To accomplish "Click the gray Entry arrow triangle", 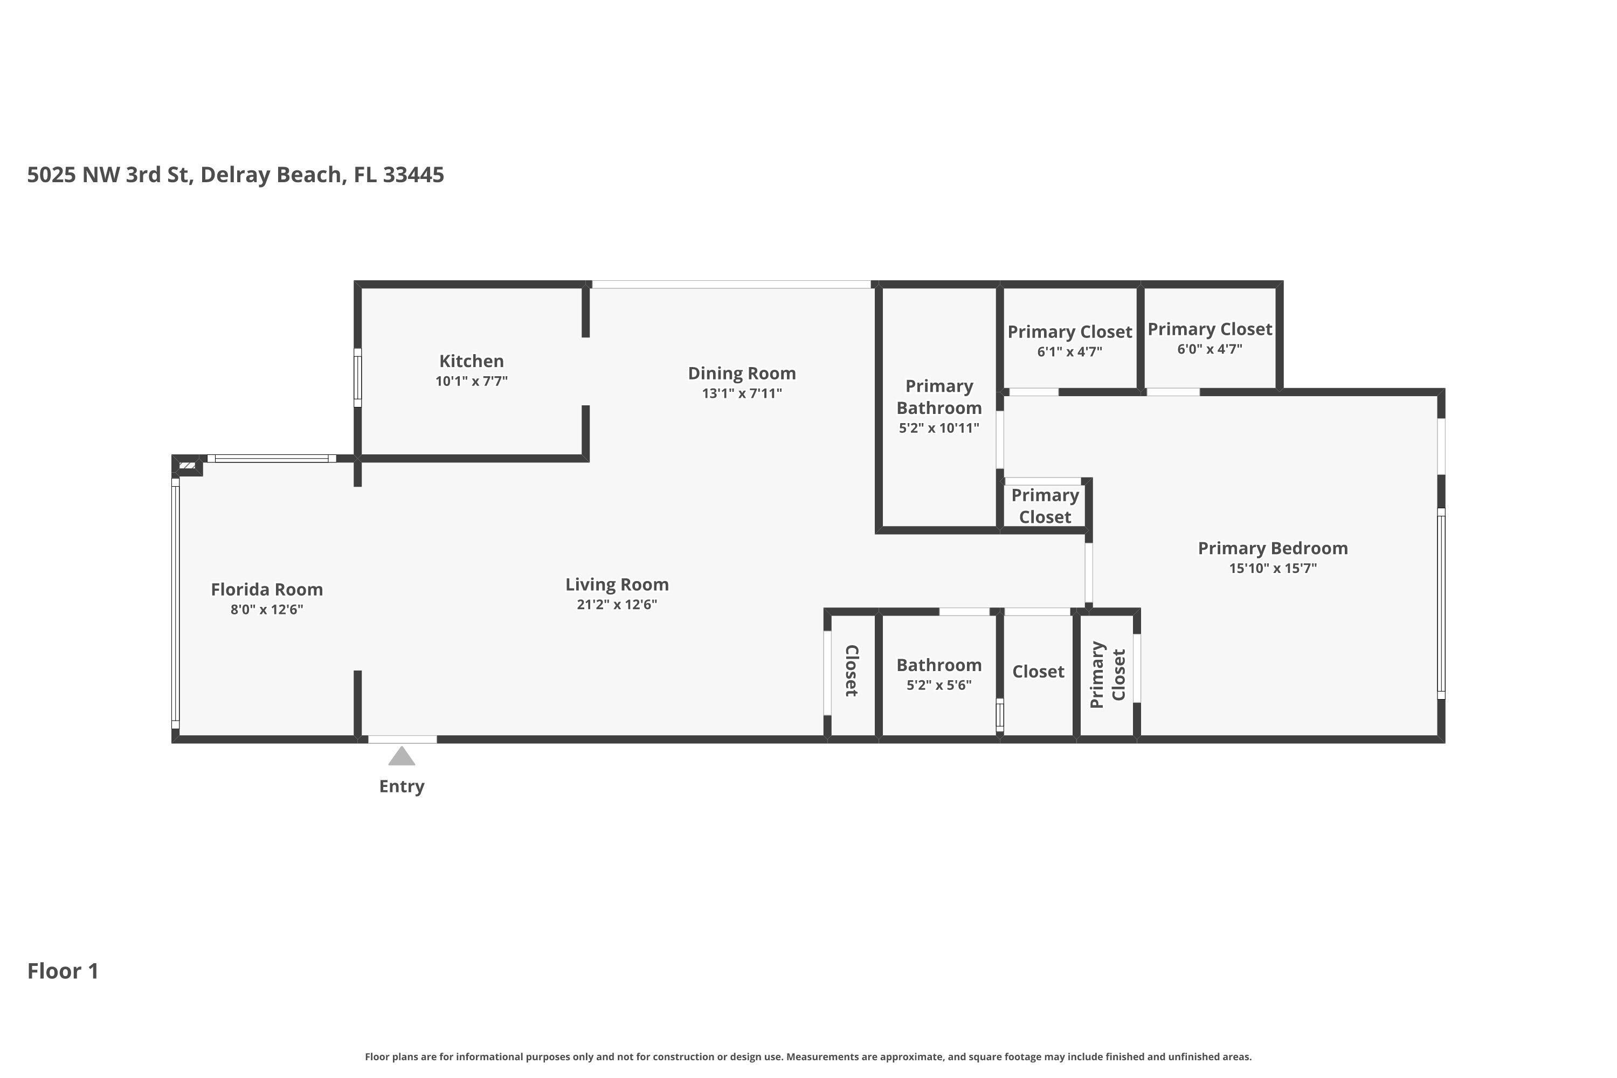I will click(402, 757).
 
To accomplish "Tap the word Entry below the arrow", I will click(402, 786).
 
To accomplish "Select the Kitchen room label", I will click(471, 361).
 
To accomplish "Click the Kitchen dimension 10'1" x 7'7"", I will click(471, 381).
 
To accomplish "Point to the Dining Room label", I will click(742, 374).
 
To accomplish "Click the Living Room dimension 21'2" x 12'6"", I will click(617, 604).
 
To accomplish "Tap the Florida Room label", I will click(267, 589).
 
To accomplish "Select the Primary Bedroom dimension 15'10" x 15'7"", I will click(1273, 568).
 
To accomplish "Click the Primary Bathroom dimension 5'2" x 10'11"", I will click(938, 427).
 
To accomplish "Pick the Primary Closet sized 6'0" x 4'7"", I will click(1210, 329).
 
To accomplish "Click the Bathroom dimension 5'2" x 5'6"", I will click(938, 685).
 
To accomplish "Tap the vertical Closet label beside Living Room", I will click(851, 671).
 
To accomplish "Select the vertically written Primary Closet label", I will click(1107, 674).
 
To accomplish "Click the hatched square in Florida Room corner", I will click(187, 466).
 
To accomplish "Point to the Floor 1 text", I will click(63, 971).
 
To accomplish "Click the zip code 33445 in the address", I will click(413, 175).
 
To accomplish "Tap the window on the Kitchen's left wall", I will click(357, 377).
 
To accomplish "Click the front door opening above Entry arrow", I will click(402, 739).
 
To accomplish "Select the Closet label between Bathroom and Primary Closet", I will click(1038, 671).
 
